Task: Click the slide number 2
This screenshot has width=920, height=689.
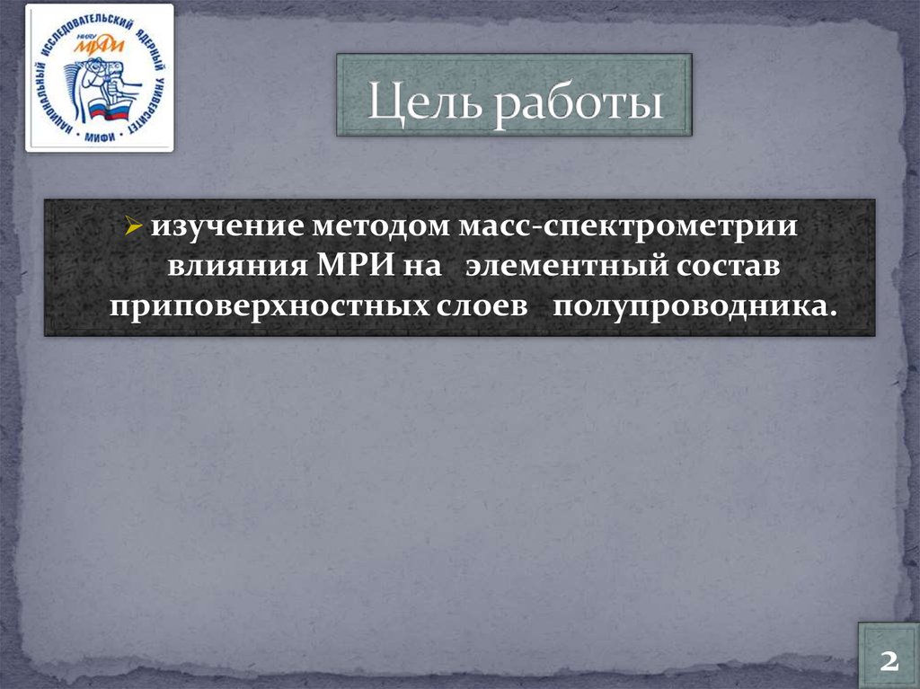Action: pyautogui.click(x=889, y=661)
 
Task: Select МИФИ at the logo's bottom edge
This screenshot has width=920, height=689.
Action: pyautogui.click(x=99, y=135)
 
